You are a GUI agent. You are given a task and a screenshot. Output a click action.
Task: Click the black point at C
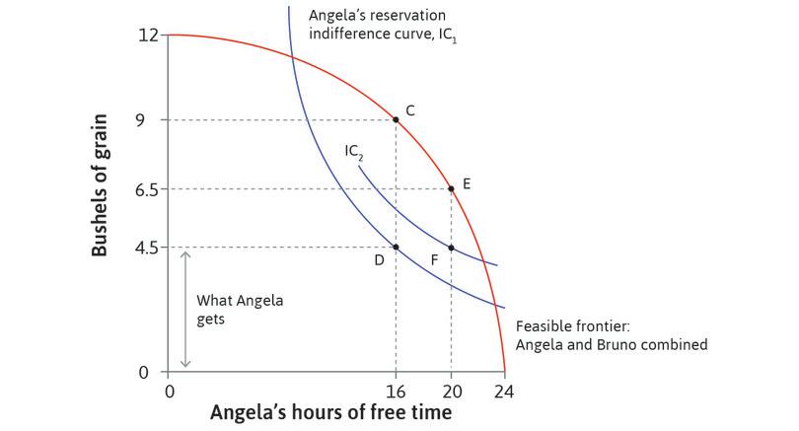[396, 119]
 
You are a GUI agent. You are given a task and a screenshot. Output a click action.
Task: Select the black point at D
[396, 248]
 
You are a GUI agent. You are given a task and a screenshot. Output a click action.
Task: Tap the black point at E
[451, 188]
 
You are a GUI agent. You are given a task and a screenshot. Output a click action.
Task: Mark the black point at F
[451, 248]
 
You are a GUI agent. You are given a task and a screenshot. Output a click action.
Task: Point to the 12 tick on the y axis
[149, 36]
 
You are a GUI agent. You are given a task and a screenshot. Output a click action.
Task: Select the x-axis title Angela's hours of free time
[330, 412]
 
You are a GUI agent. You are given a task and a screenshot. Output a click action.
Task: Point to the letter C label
[409, 111]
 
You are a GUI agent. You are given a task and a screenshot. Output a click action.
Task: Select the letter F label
[432, 260]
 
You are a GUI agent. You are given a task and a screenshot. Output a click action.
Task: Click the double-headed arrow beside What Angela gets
[184, 310]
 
